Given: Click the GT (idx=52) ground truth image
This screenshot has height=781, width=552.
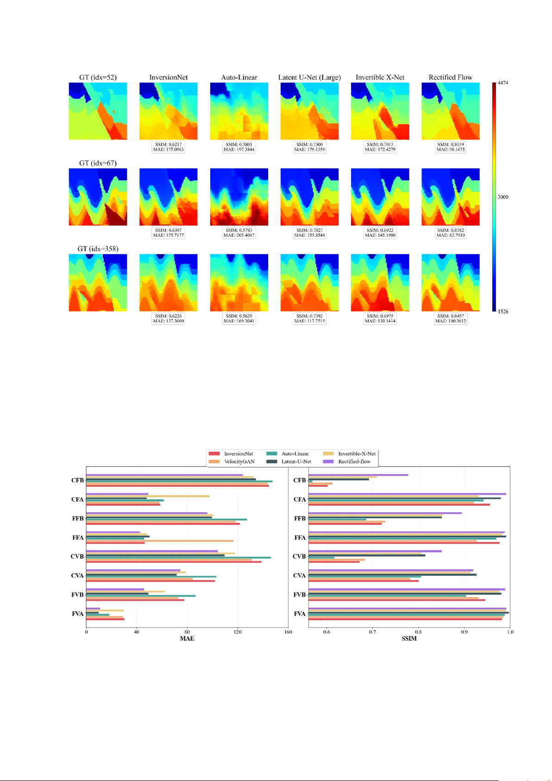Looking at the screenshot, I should pyautogui.click(x=98, y=111).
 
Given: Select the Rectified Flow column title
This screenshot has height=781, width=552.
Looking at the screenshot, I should pyautogui.click(x=450, y=77).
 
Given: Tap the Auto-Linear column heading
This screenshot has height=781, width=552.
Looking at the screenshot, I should pyautogui.click(x=239, y=77).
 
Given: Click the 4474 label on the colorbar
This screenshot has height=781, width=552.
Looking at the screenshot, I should pyautogui.click(x=502, y=83).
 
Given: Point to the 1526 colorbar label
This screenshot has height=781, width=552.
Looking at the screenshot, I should pyautogui.click(x=502, y=311).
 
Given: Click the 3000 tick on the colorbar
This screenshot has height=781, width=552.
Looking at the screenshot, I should pyautogui.click(x=502, y=197).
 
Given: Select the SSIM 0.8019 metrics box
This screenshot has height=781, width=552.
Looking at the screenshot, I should pyautogui.click(x=450, y=147).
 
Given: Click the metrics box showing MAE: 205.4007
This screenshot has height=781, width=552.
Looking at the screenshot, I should pyautogui.click(x=239, y=233).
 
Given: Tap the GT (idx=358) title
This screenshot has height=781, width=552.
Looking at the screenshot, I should pyautogui.click(x=98, y=249).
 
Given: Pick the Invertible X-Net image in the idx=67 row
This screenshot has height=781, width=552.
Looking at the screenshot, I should pyautogui.click(x=380, y=197).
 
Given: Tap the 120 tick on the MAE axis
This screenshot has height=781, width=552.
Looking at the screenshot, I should pyautogui.click(x=238, y=632).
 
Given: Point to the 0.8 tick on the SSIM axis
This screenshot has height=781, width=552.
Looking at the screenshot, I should pyautogui.click(x=418, y=632).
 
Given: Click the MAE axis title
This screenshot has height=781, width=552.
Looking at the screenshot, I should pyautogui.click(x=187, y=639).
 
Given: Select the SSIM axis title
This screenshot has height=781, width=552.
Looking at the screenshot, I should pyautogui.click(x=409, y=639).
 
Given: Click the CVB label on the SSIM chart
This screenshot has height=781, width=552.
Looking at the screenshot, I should pyautogui.click(x=299, y=557).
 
